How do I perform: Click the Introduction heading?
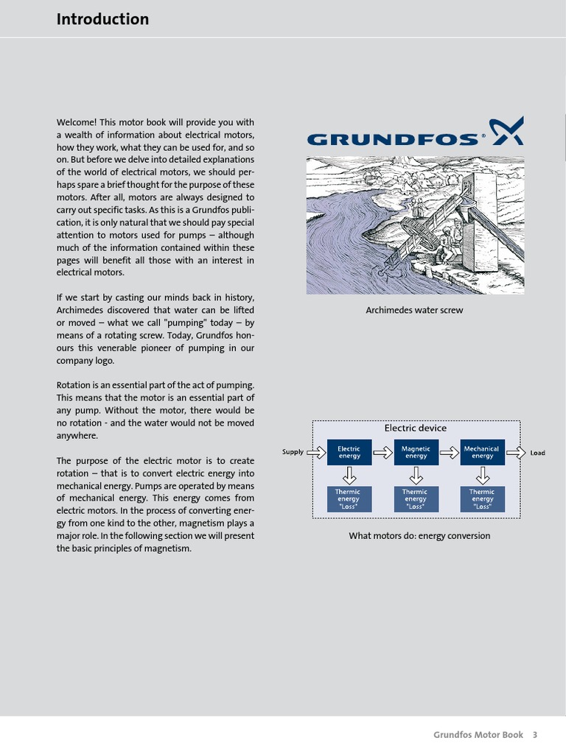[102, 20]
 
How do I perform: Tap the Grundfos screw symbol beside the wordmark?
[508, 131]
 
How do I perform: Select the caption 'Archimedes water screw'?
[414, 310]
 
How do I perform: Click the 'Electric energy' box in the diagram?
[349, 452]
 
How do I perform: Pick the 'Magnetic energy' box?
[416, 452]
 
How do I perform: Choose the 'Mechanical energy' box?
[482, 452]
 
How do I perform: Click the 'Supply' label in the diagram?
[293, 452]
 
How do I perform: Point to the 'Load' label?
[537, 453]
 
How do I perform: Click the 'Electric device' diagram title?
[415, 428]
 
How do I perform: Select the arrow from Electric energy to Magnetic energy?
[382, 452]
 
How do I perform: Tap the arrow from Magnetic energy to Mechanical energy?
[449, 452]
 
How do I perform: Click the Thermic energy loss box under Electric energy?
[349, 498]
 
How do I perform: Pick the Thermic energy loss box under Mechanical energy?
[482, 498]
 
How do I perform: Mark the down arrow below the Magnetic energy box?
[416, 473]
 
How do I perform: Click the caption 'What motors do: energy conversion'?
[419, 536]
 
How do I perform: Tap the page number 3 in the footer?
[535, 735]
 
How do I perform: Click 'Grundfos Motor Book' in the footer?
[478, 735]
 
